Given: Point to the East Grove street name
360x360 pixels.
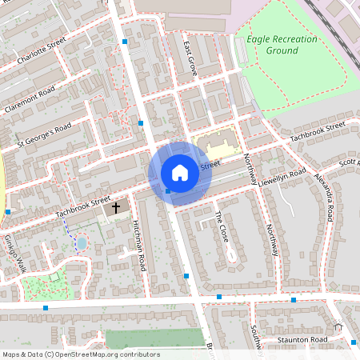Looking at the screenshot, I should [190, 58].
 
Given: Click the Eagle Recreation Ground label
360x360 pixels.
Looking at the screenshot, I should [272, 45].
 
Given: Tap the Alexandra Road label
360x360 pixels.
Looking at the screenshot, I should [324, 196].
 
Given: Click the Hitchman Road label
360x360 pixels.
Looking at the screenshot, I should [139, 243].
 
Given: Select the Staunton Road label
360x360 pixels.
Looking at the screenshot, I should [302, 342].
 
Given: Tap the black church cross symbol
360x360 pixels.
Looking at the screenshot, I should [116, 207].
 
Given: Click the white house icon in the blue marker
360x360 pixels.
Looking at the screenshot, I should [180, 173].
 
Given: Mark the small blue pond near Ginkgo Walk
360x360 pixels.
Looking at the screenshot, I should [82, 241].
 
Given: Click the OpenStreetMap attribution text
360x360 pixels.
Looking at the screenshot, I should [81, 354].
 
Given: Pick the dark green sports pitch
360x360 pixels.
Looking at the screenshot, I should [145, 338].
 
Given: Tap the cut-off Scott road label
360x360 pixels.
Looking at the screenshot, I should [349, 163].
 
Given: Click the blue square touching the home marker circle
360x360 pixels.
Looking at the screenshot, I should [168, 190].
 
